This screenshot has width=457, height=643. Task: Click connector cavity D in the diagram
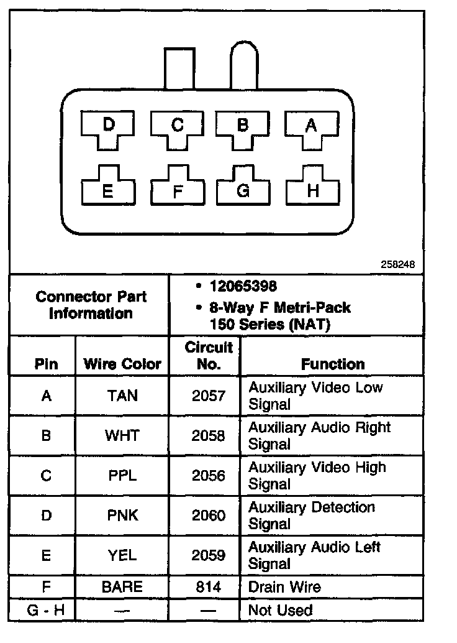coord(109,127)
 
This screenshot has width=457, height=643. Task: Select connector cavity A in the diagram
coord(311,127)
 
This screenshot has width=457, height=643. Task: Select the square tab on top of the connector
coord(179,68)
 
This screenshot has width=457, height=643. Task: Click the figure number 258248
coord(397,264)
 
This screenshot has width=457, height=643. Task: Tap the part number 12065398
coord(243,287)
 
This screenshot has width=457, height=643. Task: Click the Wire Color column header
coord(122,364)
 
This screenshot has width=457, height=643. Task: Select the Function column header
coord(333,364)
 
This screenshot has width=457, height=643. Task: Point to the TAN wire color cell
coord(122,396)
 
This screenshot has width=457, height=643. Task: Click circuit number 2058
coord(208,435)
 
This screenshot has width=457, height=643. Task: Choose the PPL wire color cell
coord(122,476)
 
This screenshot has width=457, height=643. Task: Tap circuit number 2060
coord(208,516)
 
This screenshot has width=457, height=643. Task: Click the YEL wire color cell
coord(122,555)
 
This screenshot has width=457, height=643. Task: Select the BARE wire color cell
coord(122,586)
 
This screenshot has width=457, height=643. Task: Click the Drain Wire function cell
coord(284,586)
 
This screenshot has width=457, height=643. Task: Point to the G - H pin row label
coord(46,610)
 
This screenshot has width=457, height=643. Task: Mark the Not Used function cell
coord(280,610)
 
